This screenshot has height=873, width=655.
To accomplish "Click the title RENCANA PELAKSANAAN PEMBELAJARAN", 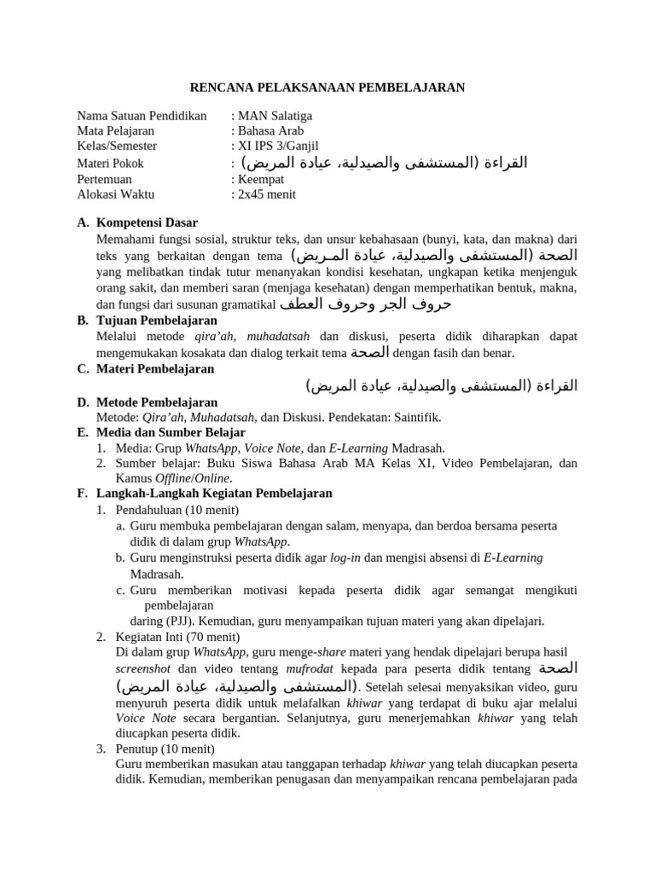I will pyautogui.click(x=327, y=87).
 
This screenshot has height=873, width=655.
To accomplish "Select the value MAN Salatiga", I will pyautogui.click(x=275, y=116).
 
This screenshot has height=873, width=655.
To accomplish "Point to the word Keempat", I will pyautogui.click(x=261, y=179).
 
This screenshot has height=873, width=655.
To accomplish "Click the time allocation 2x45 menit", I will pyautogui.click(x=266, y=194).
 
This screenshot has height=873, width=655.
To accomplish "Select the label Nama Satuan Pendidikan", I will pyautogui.click(x=142, y=116).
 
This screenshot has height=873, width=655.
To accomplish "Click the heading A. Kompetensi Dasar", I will pyautogui.click(x=142, y=223).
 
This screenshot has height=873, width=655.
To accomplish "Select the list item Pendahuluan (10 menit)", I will pyautogui.click(x=167, y=510).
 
